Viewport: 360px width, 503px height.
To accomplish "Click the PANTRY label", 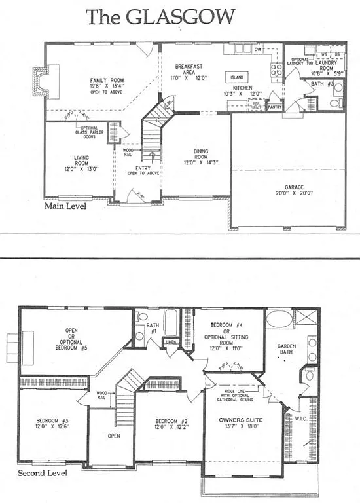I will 274,105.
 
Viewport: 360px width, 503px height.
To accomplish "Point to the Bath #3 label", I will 320,84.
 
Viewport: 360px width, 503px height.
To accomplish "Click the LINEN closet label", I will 171,343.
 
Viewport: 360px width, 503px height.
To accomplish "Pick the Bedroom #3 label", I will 51,420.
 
